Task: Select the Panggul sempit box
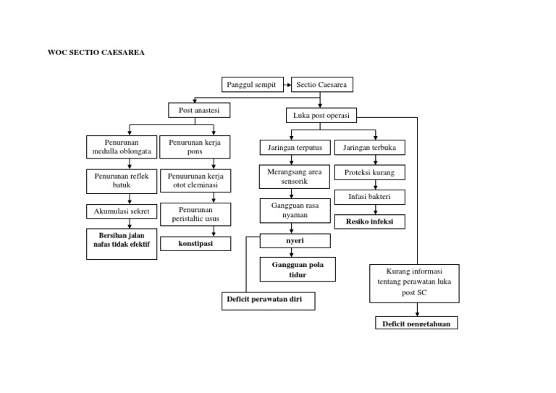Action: point(250,85)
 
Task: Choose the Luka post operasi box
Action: point(321,116)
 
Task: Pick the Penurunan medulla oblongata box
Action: point(122,147)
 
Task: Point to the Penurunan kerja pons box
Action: point(195,147)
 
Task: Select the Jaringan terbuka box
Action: point(374,148)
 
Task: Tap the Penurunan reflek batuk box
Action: point(122,181)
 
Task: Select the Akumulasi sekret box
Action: point(122,212)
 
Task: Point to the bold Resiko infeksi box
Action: point(370,221)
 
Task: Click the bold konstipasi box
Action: point(195,243)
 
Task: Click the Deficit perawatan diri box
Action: point(268,299)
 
